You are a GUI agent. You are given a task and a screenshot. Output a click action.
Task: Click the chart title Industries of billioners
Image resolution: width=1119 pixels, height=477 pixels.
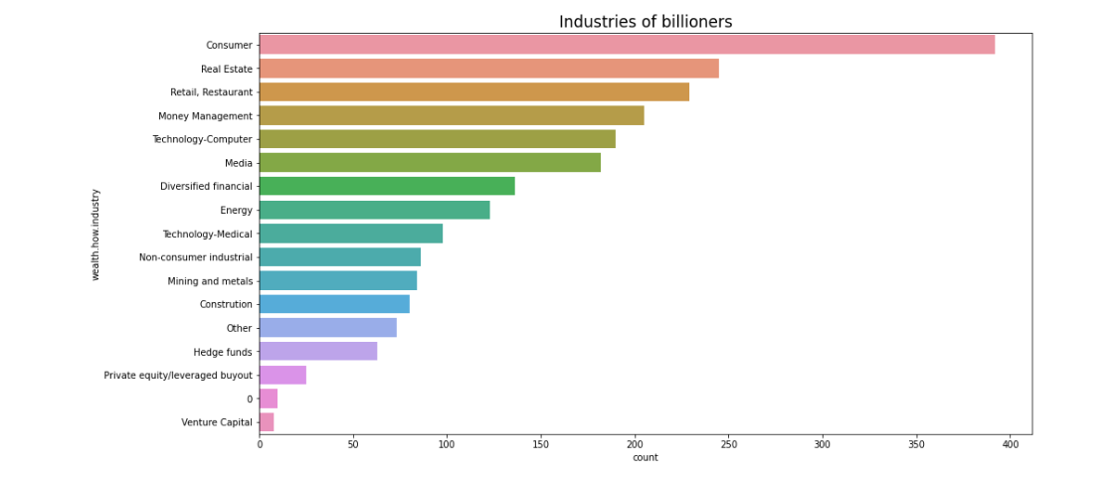coord(645,21)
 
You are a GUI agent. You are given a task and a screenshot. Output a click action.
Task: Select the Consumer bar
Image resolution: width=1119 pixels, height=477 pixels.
coord(627,45)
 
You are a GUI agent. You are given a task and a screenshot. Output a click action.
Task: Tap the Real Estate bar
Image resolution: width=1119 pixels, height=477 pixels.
coord(488,69)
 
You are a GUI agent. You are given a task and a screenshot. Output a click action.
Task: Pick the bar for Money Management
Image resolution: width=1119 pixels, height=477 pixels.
coord(452,115)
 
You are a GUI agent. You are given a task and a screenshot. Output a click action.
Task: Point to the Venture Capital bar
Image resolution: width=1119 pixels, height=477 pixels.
coord(267,422)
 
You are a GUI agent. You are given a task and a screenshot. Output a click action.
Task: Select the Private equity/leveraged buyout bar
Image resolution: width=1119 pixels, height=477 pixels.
coord(282,375)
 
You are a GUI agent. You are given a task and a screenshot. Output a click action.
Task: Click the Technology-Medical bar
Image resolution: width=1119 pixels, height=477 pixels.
coord(351,234)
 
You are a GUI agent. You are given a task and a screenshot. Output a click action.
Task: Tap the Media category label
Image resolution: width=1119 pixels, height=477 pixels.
coord(240,163)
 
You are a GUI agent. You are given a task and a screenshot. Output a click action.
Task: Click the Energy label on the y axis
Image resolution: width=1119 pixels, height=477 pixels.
coord(236,210)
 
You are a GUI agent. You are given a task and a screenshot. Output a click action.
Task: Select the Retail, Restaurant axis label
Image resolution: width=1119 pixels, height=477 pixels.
coord(212,92)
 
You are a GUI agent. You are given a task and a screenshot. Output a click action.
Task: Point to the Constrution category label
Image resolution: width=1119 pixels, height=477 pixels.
coord(226,304)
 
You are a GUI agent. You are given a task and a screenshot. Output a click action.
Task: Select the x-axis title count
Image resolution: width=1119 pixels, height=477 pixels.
coord(645,458)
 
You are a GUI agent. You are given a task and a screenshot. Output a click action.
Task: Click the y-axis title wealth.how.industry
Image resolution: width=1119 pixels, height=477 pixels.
coord(96,234)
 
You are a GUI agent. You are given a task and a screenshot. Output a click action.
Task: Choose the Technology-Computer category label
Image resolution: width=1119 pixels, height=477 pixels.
coord(202,139)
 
